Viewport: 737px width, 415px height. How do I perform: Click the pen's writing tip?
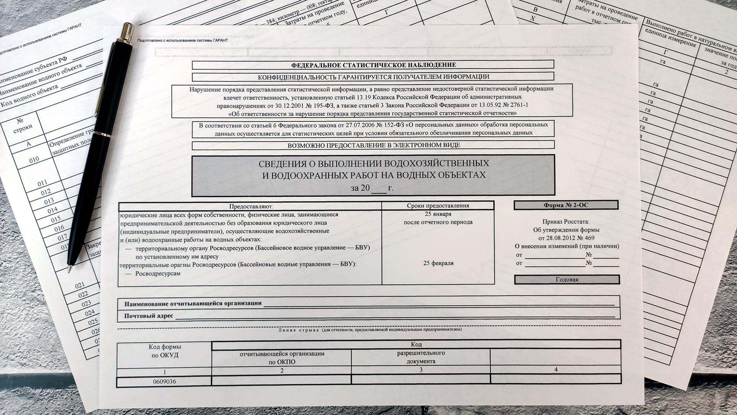pyautogui.click(x=70, y=270)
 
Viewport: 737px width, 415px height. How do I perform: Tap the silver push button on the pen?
pyautogui.click(x=127, y=30)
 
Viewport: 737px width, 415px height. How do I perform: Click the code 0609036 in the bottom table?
pyautogui.click(x=164, y=382)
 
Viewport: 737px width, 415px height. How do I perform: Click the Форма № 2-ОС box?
pyautogui.click(x=566, y=205)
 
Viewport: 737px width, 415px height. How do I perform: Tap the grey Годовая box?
pyautogui.click(x=567, y=279)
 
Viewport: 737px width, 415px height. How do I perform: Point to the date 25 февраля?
pyautogui.click(x=438, y=263)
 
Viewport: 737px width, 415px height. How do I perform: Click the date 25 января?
pyautogui.click(x=438, y=214)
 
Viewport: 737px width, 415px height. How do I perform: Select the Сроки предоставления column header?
pyautogui.click(x=438, y=206)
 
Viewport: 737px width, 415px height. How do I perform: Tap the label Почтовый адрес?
pyautogui.click(x=149, y=316)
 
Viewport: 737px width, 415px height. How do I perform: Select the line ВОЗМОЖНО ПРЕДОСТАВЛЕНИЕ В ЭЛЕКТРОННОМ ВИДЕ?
pyautogui.click(x=373, y=145)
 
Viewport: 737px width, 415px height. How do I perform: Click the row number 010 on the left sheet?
pyautogui.click(x=34, y=159)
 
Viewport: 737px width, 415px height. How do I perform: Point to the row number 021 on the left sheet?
pyautogui.click(x=80, y=285)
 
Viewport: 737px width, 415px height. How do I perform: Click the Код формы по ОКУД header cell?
pyautogui.click(x=165, y=351)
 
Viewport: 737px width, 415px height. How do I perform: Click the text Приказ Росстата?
pyautogui.click(x=566, y=222)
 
